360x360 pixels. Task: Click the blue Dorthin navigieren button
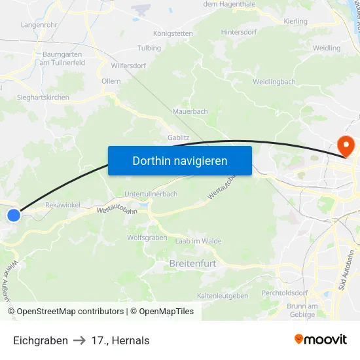pos(179,160)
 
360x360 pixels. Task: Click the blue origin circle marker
pos(14,214)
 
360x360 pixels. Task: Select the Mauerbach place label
pos(190,111)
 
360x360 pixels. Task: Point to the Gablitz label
pos(178,138)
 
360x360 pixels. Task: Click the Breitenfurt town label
pos(192,263)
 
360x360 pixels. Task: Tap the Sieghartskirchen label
pos(43,98)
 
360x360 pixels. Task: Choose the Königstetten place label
pos(173,33)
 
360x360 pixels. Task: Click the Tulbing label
pos(149,48)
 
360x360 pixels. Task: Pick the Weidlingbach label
pos(274,82)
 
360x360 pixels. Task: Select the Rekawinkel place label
pos(63,205)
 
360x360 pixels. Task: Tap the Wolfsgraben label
pos(147,238)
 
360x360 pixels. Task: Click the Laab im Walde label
pos(198,242)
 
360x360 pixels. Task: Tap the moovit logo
pos(321,340)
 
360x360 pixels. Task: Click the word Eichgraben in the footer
pos(41,340)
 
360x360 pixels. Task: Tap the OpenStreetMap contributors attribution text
pos(70,312)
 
